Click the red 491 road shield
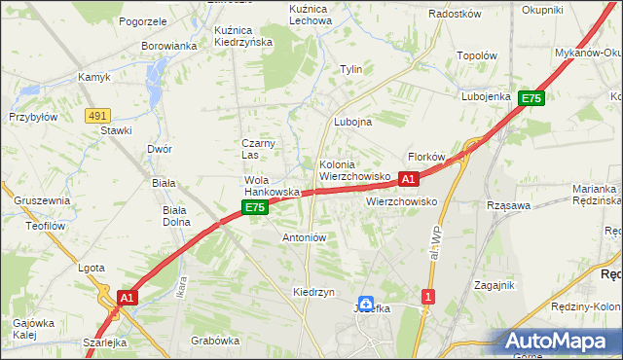coord(96,115)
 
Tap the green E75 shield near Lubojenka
coord(531,98)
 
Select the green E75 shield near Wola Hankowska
coord(254,208)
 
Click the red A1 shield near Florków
coord(409,179)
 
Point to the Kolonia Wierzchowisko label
coord(354,171)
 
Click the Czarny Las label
coord(259,149)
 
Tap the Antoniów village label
coord(303,237)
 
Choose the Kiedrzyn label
coord(313,292)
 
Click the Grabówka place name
coord(215,341)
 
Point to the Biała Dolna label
coord(176,215)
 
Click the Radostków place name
coord(456,14)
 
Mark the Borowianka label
coord(169,46)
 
